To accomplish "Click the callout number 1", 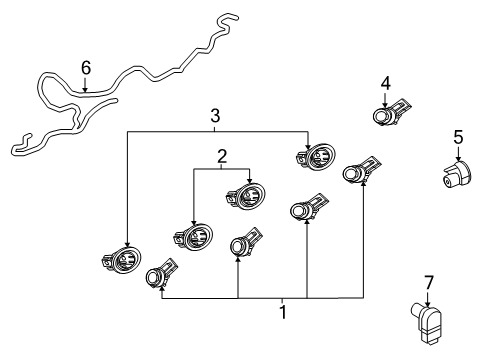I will click(x=284, y=311).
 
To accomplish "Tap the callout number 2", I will click(x=221, y=156).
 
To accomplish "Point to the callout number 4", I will click(x=385, y=83).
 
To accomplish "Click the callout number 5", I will click(x=458, y=136).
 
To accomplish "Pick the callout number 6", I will click(x=86, y=68).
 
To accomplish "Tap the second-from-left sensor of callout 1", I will click(x=243, y=246).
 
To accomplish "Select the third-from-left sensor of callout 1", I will click(x=304, y=210).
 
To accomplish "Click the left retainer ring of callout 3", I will click(x=121, y=258).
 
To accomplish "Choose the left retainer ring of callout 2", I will click(x=192, y=236).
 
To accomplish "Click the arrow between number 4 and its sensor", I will click(x=385, y=98).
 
